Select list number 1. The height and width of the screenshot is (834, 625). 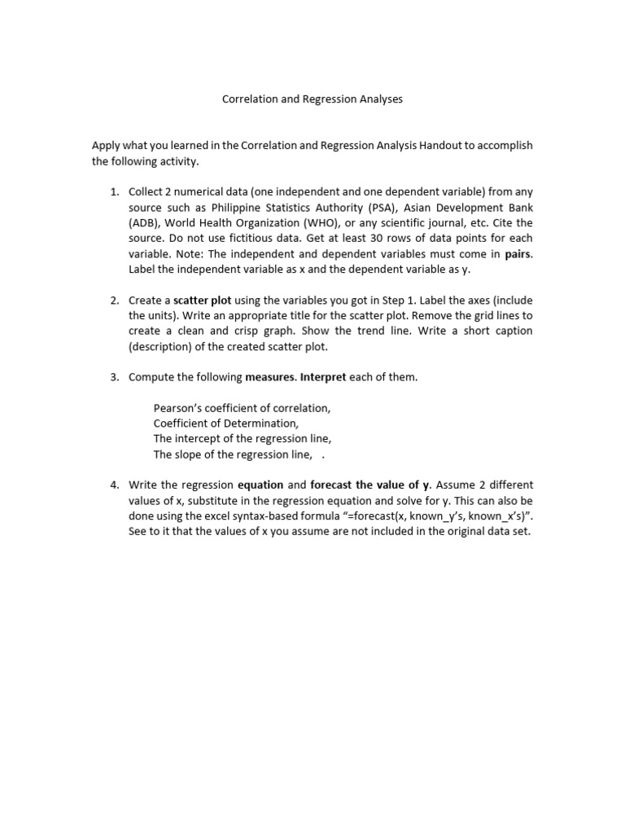114,192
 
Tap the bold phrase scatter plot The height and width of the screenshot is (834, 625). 203,301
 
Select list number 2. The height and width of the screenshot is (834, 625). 114,301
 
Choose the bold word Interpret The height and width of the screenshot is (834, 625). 323,377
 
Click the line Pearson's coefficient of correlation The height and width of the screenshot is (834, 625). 242,408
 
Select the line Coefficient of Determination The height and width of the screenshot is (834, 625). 226,424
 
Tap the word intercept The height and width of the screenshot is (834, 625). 198,439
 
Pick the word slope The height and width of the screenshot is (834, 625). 189,454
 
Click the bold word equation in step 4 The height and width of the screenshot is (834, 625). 260,485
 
